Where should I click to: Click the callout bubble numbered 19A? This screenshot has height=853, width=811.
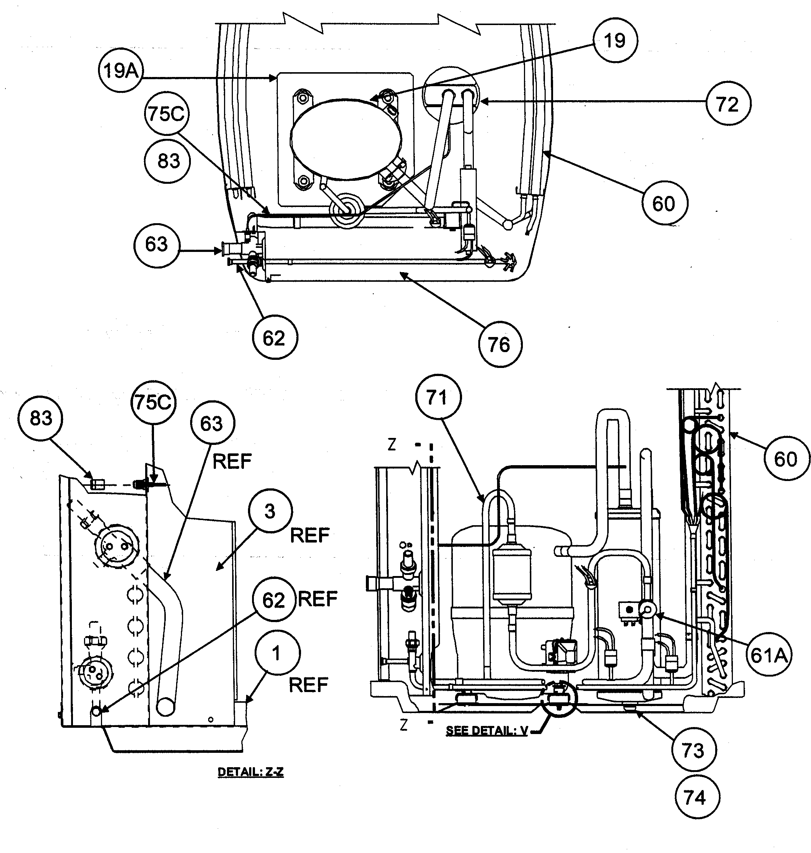(x=120, y=70)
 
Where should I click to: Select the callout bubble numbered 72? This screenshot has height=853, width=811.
(x=728, y=104)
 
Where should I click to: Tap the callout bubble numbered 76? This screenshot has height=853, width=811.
(x=500, y=344)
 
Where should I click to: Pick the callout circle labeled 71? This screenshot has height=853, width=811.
(x=438, y=397)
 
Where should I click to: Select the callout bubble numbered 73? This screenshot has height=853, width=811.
(x=693, y=750)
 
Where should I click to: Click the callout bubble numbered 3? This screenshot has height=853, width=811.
(x=270, y=511)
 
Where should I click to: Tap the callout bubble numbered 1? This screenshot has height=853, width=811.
(x=277, y=653)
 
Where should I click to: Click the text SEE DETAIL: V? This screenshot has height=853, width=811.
(x=487, y=731)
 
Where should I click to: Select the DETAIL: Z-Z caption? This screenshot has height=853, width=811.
(x=250, y=772)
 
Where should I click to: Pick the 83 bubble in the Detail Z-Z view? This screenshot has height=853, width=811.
(x=41, y=418)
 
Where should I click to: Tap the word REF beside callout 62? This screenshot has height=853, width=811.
(x=318, y=599)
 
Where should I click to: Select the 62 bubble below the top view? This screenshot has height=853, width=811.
(x=275, y=338)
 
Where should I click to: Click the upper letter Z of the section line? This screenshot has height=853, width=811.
(x=392, y=445)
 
